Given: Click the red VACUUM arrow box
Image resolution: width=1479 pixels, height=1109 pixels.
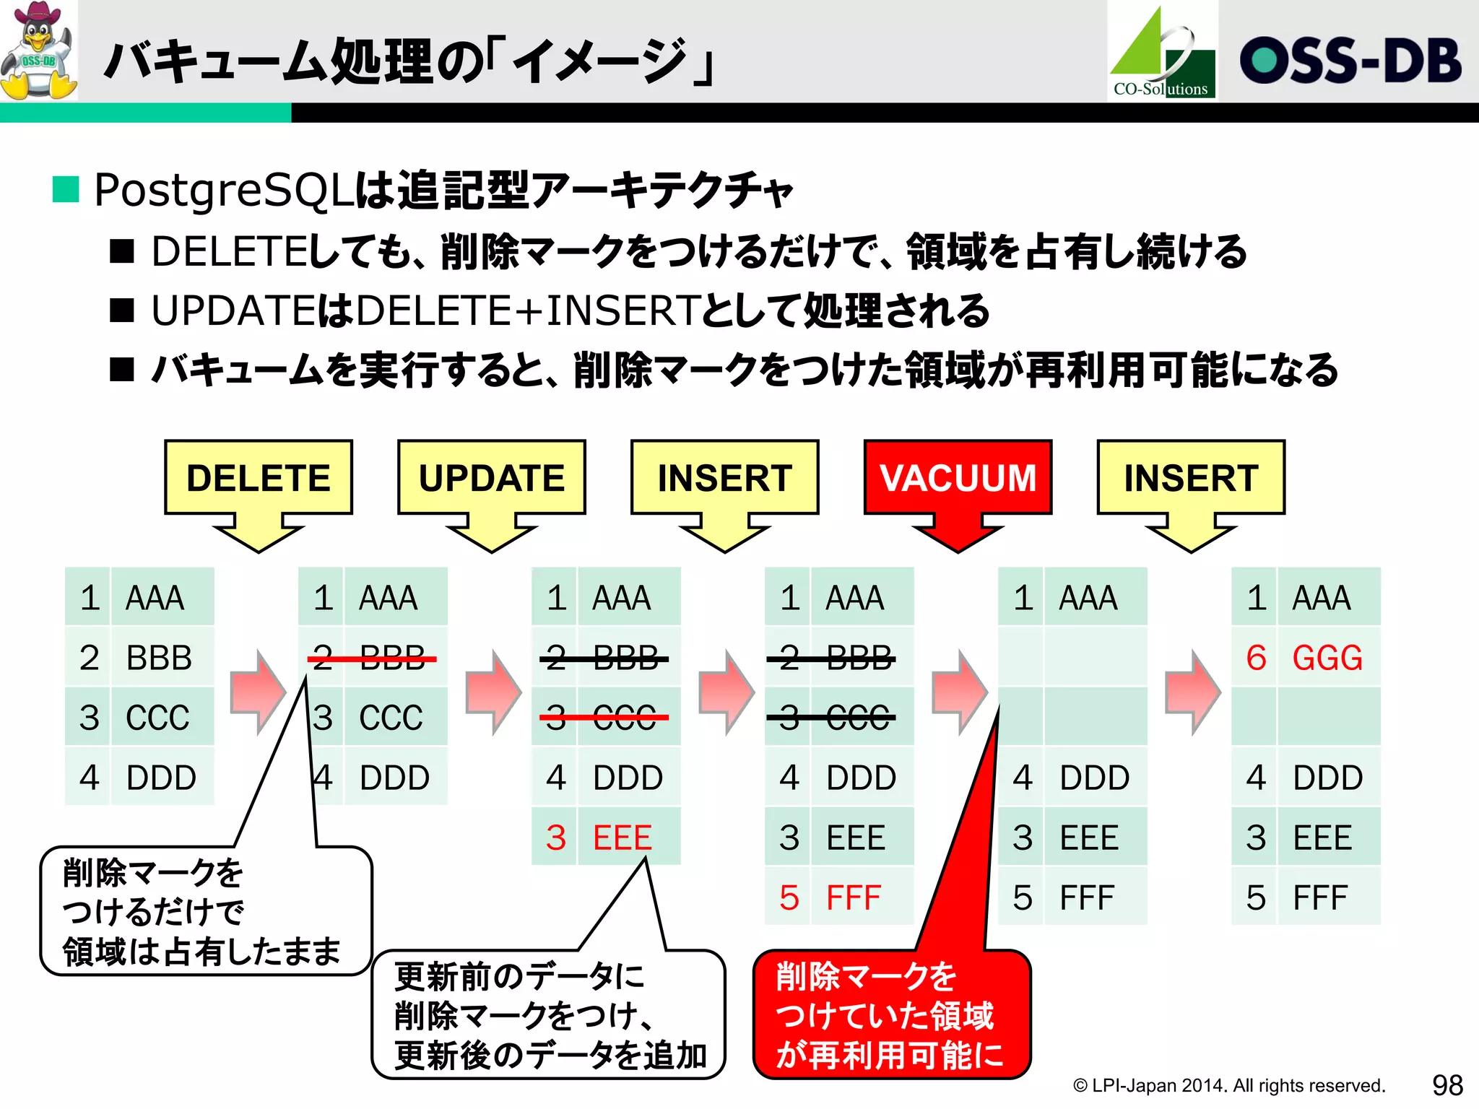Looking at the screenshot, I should (x=958, y=478).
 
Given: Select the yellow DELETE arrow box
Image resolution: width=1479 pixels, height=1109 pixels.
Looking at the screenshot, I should (x=259, y=478).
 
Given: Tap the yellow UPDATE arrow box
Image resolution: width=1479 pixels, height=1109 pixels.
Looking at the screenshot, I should (x=491, y=478).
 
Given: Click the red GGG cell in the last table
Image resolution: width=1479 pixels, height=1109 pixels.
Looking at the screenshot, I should (x=1327, y=658).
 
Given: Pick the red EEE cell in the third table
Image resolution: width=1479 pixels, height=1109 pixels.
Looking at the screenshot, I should (x=623, y=838).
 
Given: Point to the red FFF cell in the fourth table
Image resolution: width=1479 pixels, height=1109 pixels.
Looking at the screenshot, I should (x=854, y=897).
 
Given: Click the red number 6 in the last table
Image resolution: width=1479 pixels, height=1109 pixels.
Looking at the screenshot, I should (x=1256, y=658).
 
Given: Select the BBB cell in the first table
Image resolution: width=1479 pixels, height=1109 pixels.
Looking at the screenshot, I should (x=159, y=658).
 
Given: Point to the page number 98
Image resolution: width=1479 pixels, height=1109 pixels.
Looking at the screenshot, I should (x=1447, y=1084).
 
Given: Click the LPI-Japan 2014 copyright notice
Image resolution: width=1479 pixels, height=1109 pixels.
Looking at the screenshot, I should (x=1228, y=1085).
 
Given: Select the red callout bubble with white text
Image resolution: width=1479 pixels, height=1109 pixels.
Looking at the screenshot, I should (x=891, y=1014).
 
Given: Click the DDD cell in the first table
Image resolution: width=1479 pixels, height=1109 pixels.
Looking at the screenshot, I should (x=160, y=778).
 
